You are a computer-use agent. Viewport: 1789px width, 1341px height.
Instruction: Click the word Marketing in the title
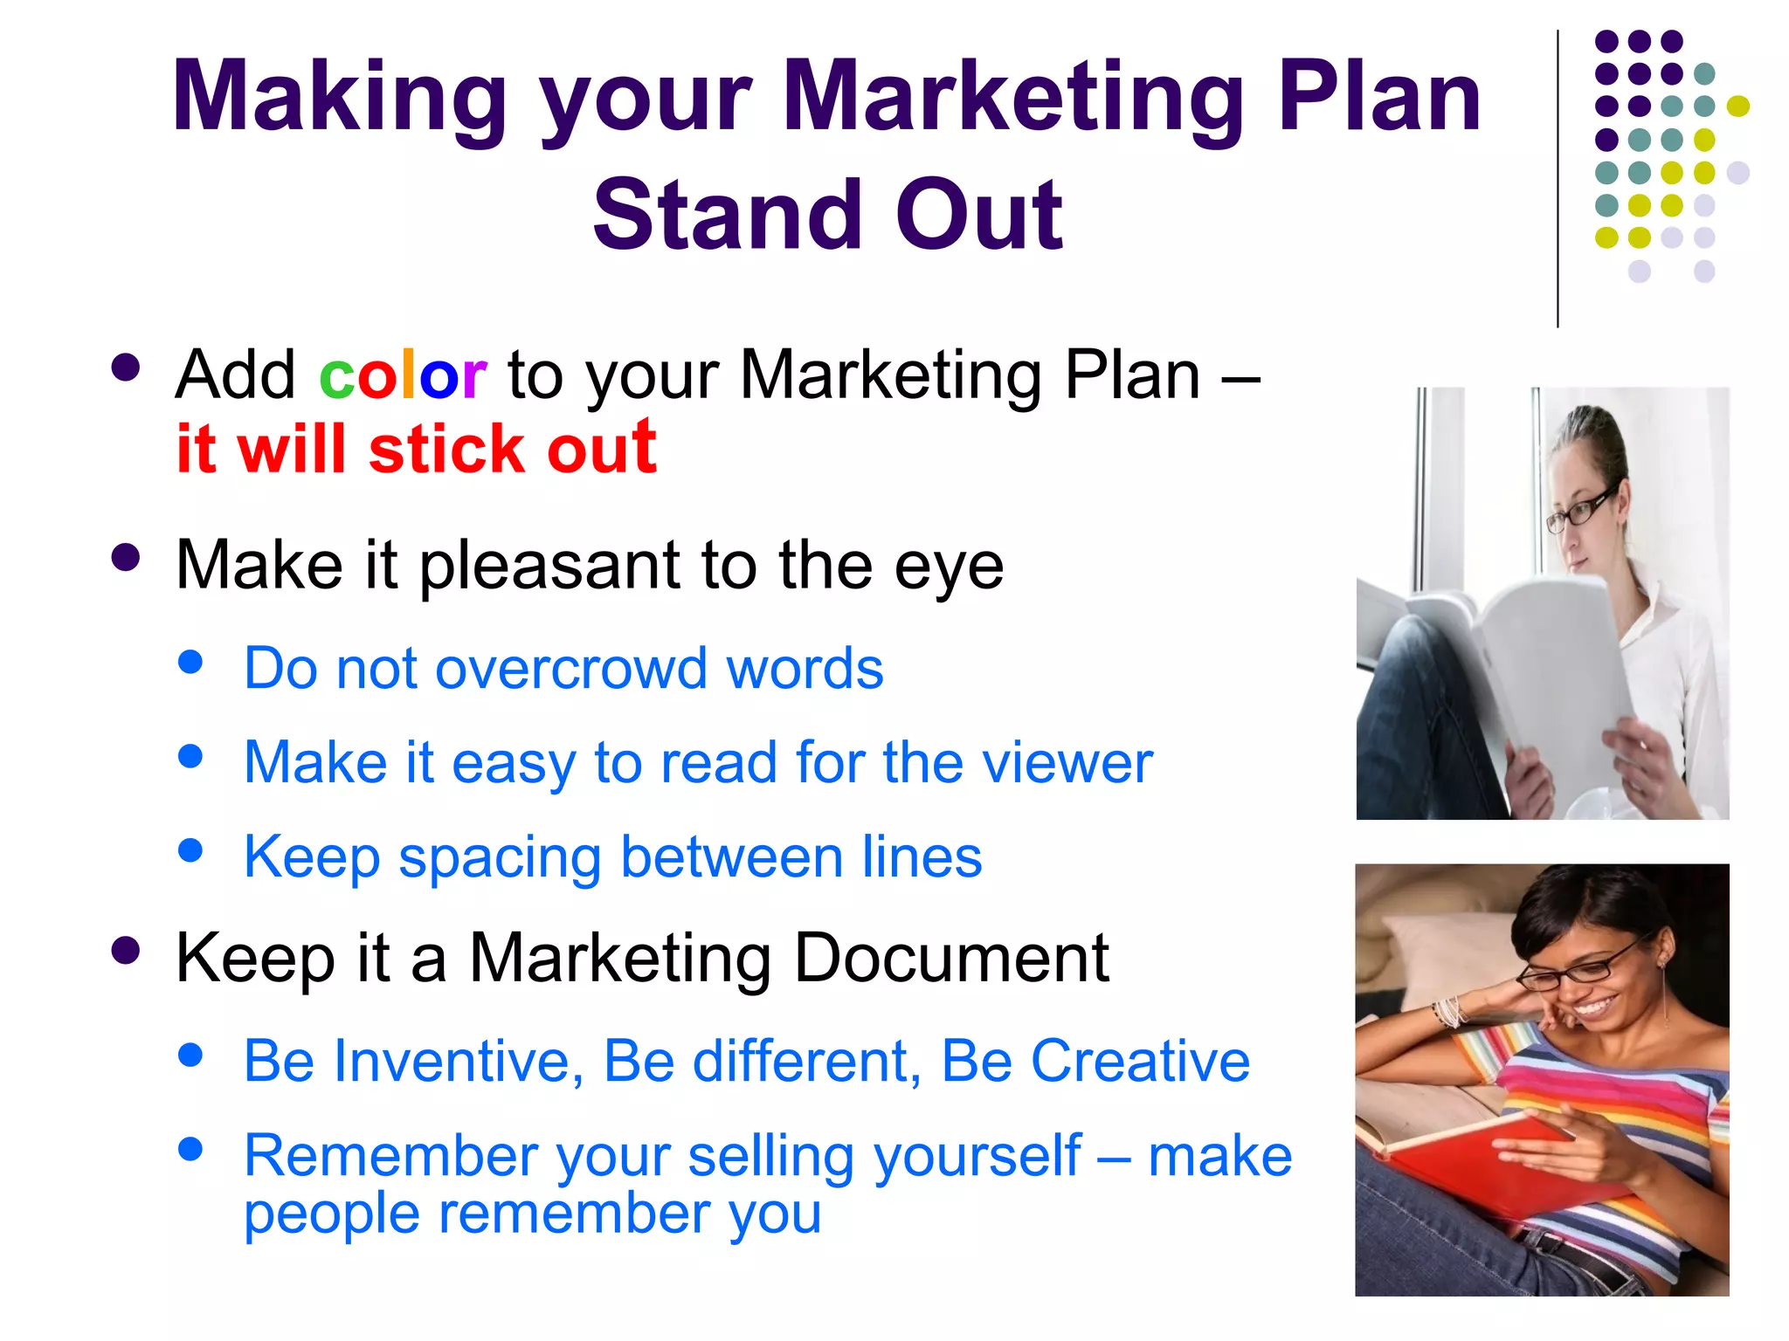tap(1013, 98)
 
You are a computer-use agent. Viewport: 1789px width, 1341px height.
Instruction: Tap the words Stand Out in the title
tap(827, 215)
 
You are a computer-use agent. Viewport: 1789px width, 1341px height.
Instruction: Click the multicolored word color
tap(403, 375)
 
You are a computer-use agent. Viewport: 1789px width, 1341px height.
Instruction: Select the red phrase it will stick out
tap(416, 450)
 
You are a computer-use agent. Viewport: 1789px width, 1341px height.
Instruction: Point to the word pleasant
tap(550, 566)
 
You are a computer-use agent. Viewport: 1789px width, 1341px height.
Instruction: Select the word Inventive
tap(458, 1062)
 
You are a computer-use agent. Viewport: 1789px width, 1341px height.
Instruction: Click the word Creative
tap(1140, 1062)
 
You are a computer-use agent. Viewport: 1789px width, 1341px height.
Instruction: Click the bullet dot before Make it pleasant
tap(126, 558)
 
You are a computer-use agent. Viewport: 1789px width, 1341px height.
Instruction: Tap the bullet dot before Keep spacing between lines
tap(190, 850)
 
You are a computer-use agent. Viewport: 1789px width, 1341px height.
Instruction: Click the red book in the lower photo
tap(1485, 1161)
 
